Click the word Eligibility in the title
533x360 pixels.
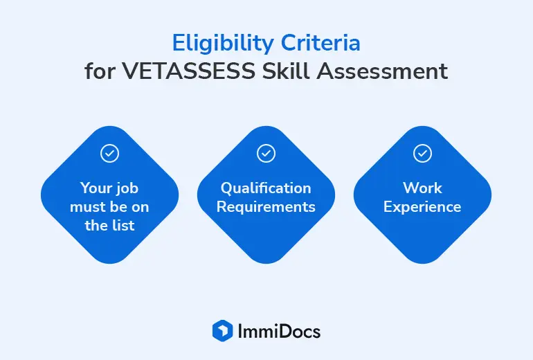coord(223,44)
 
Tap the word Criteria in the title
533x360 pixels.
coord(320,43)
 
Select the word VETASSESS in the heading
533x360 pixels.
coord(189,71)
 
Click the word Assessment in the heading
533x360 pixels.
coord(382,71)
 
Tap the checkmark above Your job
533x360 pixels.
coord(110,153)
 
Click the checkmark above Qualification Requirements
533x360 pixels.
coord(266,153)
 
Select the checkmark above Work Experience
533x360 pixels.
coord(422,153)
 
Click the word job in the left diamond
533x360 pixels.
coord(128,189)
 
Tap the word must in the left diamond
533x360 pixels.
coord(84,207)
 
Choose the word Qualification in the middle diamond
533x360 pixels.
coord(266,189)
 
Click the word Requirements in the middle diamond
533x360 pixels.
coord(266,207)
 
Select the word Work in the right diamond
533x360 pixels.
coord(422,188)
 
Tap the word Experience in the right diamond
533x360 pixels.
coord(422,207)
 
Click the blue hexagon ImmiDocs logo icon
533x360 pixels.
coord(223,331)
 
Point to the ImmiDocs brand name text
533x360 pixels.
coord(279,332)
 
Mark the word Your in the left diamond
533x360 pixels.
coord(96,188)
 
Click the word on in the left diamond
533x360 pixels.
coord(140,208)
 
